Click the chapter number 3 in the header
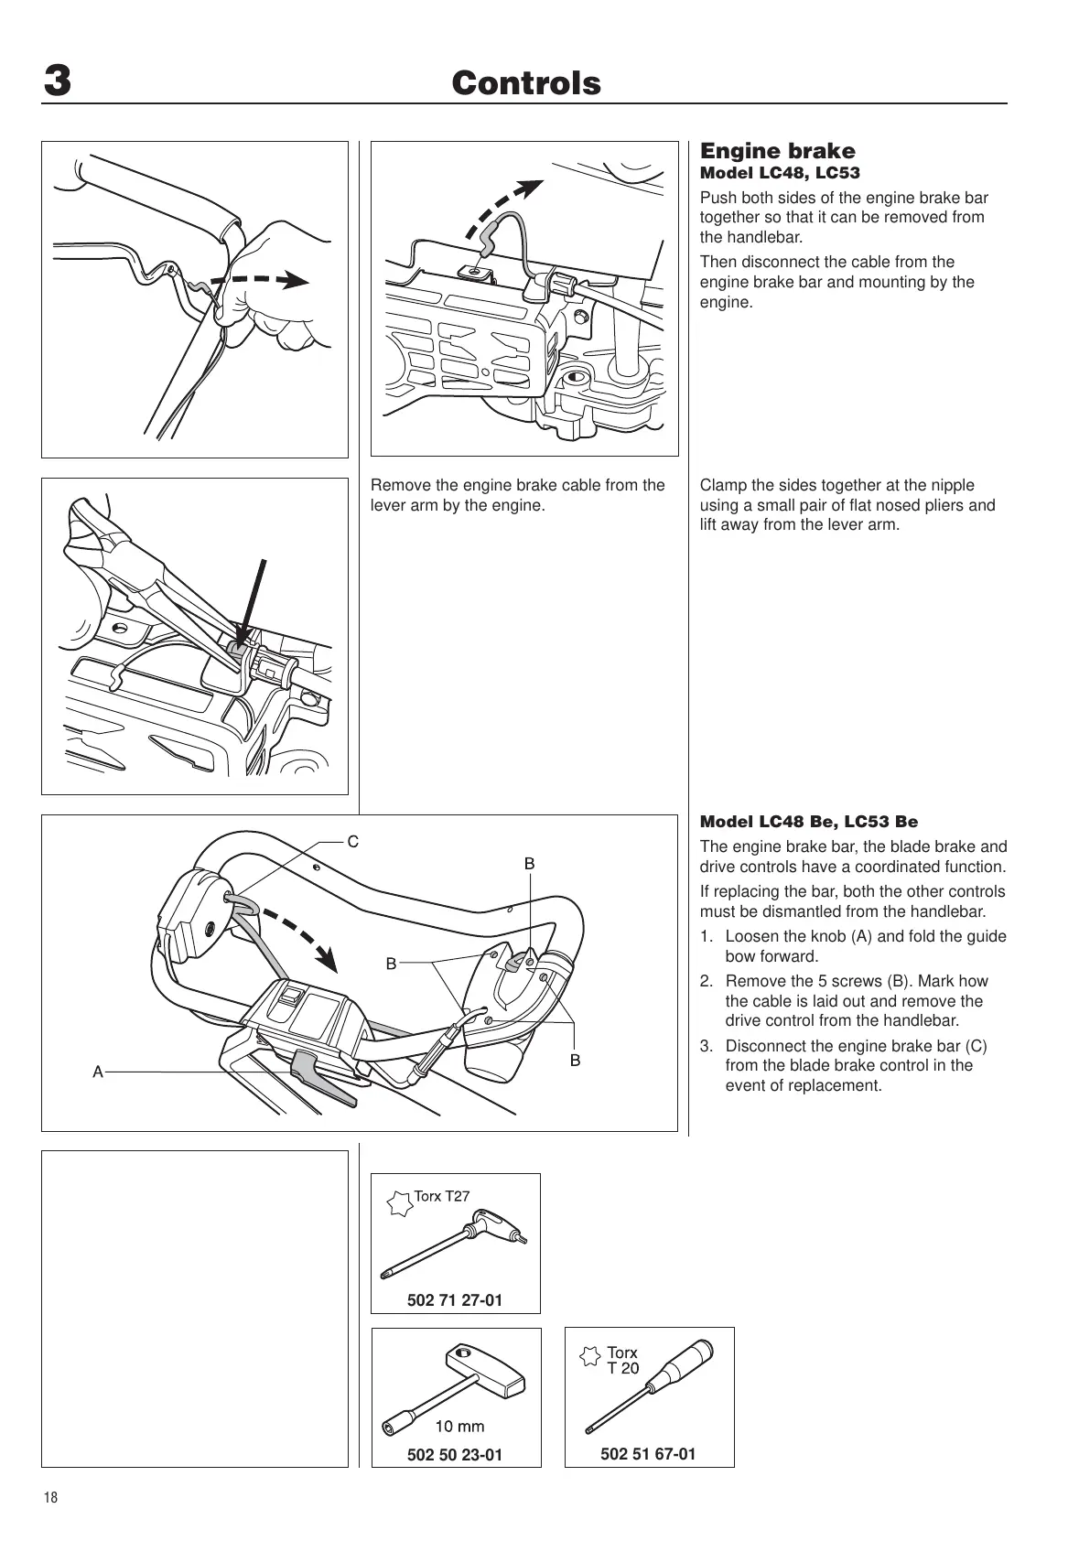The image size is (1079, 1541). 57,82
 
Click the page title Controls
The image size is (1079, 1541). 526,83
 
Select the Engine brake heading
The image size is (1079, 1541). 777,151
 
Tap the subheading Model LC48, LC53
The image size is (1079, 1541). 780,173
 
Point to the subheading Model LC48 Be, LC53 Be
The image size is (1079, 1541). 808,822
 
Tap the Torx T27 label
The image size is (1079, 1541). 442,1195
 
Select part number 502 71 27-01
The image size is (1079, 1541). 455,1299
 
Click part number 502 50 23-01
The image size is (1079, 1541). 455,1454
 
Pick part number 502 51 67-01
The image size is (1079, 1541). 648,1453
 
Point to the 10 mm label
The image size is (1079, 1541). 459,1426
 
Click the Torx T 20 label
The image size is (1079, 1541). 622,1360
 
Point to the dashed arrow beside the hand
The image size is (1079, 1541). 261,279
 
